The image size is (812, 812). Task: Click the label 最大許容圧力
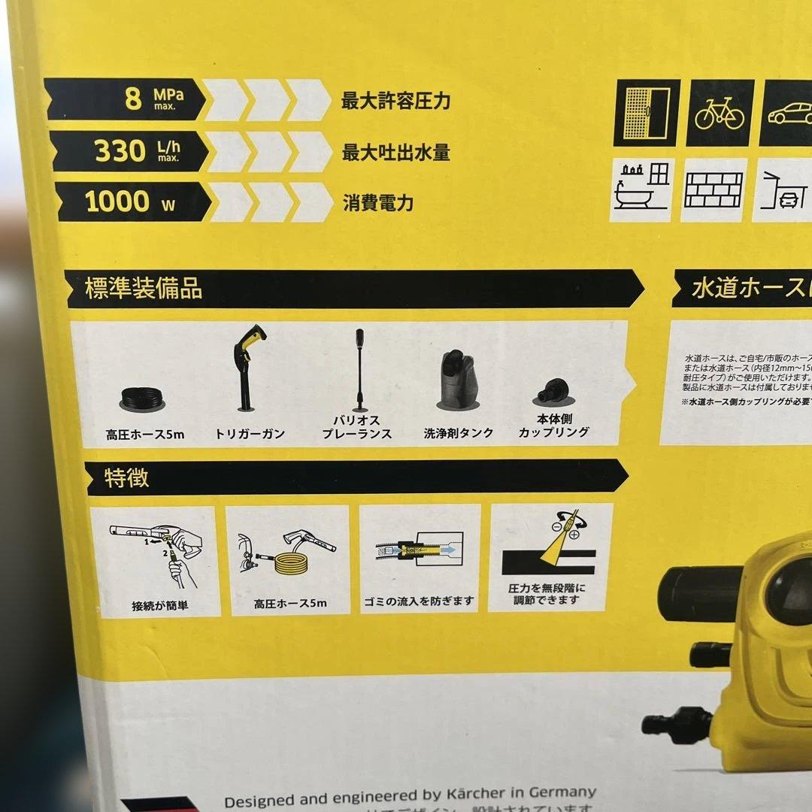tap(395, 101)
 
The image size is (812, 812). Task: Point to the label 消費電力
tap(378, 203)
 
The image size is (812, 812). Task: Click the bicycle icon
tap(719, 113)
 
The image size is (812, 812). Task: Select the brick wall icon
tap(713, 191)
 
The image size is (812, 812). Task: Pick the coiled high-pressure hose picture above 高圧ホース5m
tap(143, 398)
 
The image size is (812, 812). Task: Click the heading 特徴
tap(126, 478)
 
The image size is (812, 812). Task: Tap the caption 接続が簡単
tap(159, 604)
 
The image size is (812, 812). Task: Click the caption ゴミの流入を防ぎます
tap(420, 600)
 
